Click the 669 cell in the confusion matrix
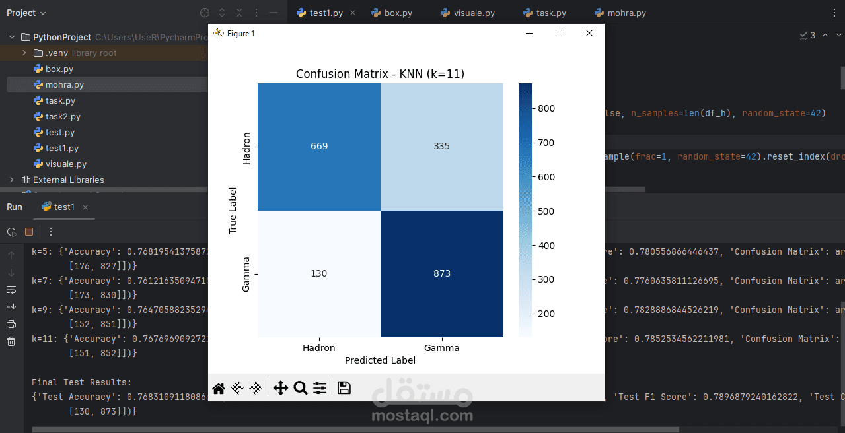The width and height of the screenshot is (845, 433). pyautogui.click(x=319, y=146)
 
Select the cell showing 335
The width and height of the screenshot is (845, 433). pyautogui.click(x=441, y=146)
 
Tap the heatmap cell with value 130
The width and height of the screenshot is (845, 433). pyautogui.click(x=319, y=273)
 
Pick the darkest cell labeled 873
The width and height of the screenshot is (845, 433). pyautogui.click(x=441, y=273)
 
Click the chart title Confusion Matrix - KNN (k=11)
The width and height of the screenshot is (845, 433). pyautogui.click(x=380, y=74)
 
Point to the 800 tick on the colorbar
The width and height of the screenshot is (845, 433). pyautogui.click(x=546, y=108)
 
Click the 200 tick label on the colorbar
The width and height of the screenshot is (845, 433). pyautogui.click(x=546, y=314)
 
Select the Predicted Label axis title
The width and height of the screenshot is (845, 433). pyautogui.click(x=380, y=360)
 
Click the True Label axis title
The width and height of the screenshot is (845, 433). pyautogui.click(x=233, y=210)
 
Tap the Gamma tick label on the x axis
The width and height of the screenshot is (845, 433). pyautogui.click(x=441, y=348)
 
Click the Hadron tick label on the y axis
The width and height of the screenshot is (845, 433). pyautogui.click(x=246, y=148)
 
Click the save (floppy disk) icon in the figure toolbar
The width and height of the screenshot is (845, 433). pyautogui.click(x=344, y=388)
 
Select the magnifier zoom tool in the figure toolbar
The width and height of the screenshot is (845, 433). pyautogui.click(x=300, y=388)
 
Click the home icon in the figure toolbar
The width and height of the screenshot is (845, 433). pyautogui.click(x=219, y=388)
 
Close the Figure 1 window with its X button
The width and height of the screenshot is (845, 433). pyautogui.click(x=589, y=33)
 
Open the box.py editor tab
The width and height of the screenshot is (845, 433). pyautogui.click(x=398, y=13)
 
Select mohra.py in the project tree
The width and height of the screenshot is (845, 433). pyautogui.click(x=64, y=84)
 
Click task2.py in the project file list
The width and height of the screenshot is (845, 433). pyautogui.click(x=63, y=116)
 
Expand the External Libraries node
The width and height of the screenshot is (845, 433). pyautogui.click(x=11, y=180)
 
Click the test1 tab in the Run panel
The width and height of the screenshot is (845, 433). pyautogui.click(x=64, y=207)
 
